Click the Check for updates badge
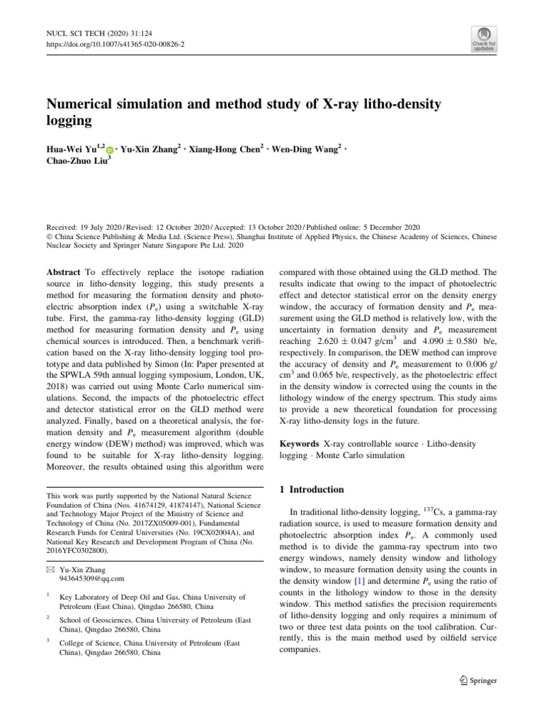click(483, 41)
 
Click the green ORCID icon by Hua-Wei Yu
click(110, 150)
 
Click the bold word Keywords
click(305, 443)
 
